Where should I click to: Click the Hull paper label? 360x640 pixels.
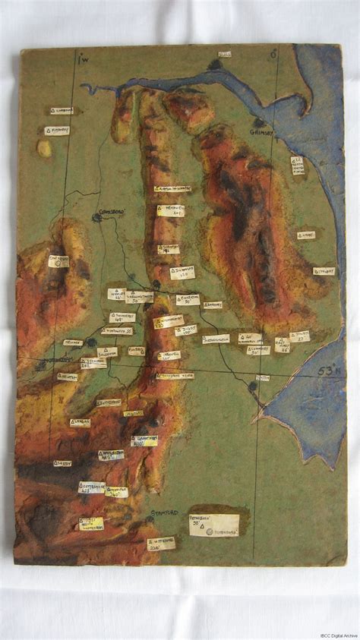coord(225,54)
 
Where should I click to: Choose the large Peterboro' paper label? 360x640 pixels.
coord(213,525)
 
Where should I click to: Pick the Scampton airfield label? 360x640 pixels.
coord(169,248)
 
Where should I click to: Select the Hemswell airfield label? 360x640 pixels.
coord(171,210)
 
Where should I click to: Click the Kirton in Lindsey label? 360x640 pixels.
coord(172,188)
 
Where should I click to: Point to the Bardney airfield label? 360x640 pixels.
coord(212,305)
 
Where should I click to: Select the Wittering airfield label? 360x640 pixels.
coord(161,544)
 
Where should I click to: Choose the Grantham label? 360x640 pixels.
coord(144,440)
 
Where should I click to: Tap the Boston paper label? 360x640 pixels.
coord(262,377)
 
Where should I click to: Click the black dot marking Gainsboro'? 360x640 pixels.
coord(97,218)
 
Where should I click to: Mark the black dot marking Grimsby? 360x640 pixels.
coord(260,122)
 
